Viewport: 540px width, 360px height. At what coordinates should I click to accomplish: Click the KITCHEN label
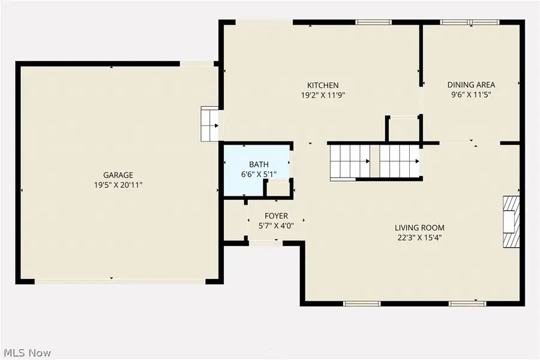pyautogui.click(x=323, y=85)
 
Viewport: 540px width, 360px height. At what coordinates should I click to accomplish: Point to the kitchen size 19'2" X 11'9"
pyautogui.click(x=323, y=95)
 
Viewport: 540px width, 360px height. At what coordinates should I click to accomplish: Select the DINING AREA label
pyautogui.click(x=471, y=85)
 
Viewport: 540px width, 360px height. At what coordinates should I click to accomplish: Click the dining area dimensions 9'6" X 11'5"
pyautogui.click(x=471, y=95)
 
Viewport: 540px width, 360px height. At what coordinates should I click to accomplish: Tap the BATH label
pyautogui.click(x=259, y=164)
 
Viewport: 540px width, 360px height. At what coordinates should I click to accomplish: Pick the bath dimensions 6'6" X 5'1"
pyautogui.click(x=259, y=175)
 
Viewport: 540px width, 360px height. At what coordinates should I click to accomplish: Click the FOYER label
pyautogui.click(x=276, y=215)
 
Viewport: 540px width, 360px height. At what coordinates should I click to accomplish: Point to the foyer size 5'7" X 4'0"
pyautogui.click(x=276, y=226)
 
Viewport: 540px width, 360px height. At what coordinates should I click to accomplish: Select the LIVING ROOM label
pyautogui.click(x=419, y=227)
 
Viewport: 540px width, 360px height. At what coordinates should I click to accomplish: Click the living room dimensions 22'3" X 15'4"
pyautogui.click(x=419, y=238)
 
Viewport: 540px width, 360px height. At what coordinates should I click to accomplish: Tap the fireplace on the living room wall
pyautogui.click(x=510, y=221)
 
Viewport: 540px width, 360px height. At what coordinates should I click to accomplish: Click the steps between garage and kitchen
pyautogui.click(x=209, y=124)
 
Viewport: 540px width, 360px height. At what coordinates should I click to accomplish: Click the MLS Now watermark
pyautogui.click(x=29, y=352)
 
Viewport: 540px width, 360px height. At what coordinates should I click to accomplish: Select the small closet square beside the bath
pyautogui.click(x=277, y=188)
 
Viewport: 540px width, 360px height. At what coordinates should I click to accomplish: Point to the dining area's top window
pyautogui.click(x=470, y=23)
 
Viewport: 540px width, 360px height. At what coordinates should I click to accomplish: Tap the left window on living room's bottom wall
pyautogui.click(x=362, y=304)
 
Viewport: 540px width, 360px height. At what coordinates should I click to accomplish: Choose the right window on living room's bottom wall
pyautogui.click(x=467, y=304)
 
